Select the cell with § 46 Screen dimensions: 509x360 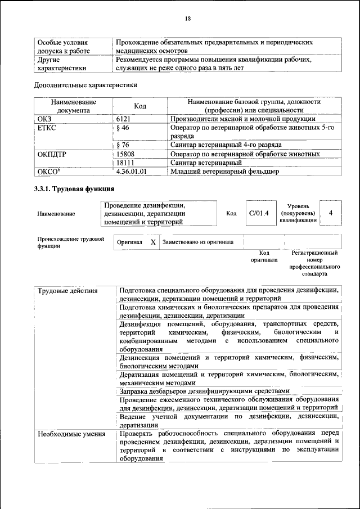(122, 128)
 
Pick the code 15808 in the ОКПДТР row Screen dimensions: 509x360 (125, 154)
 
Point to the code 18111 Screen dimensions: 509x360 (125, 163)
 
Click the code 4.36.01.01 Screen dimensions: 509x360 (131, 172)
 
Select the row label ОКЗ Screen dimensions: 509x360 (44, 119)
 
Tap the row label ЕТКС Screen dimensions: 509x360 (47, 128)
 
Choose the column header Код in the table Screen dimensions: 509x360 (140, 106)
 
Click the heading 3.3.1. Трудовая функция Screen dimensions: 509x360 (74, 189)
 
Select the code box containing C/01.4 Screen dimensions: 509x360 (259, 213)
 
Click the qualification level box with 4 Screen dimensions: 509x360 (330, 213)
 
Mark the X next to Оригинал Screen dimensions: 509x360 (152, 242)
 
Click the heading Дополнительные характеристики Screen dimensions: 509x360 (85, 85)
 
